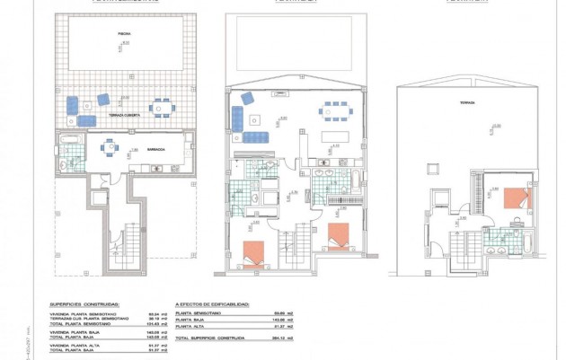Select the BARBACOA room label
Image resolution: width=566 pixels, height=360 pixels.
click(156, 150)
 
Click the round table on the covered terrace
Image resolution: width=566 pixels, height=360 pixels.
click(160, 108)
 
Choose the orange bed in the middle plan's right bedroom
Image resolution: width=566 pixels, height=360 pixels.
click(338, 236)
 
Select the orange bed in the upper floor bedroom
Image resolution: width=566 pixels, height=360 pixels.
click(517, 198)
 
